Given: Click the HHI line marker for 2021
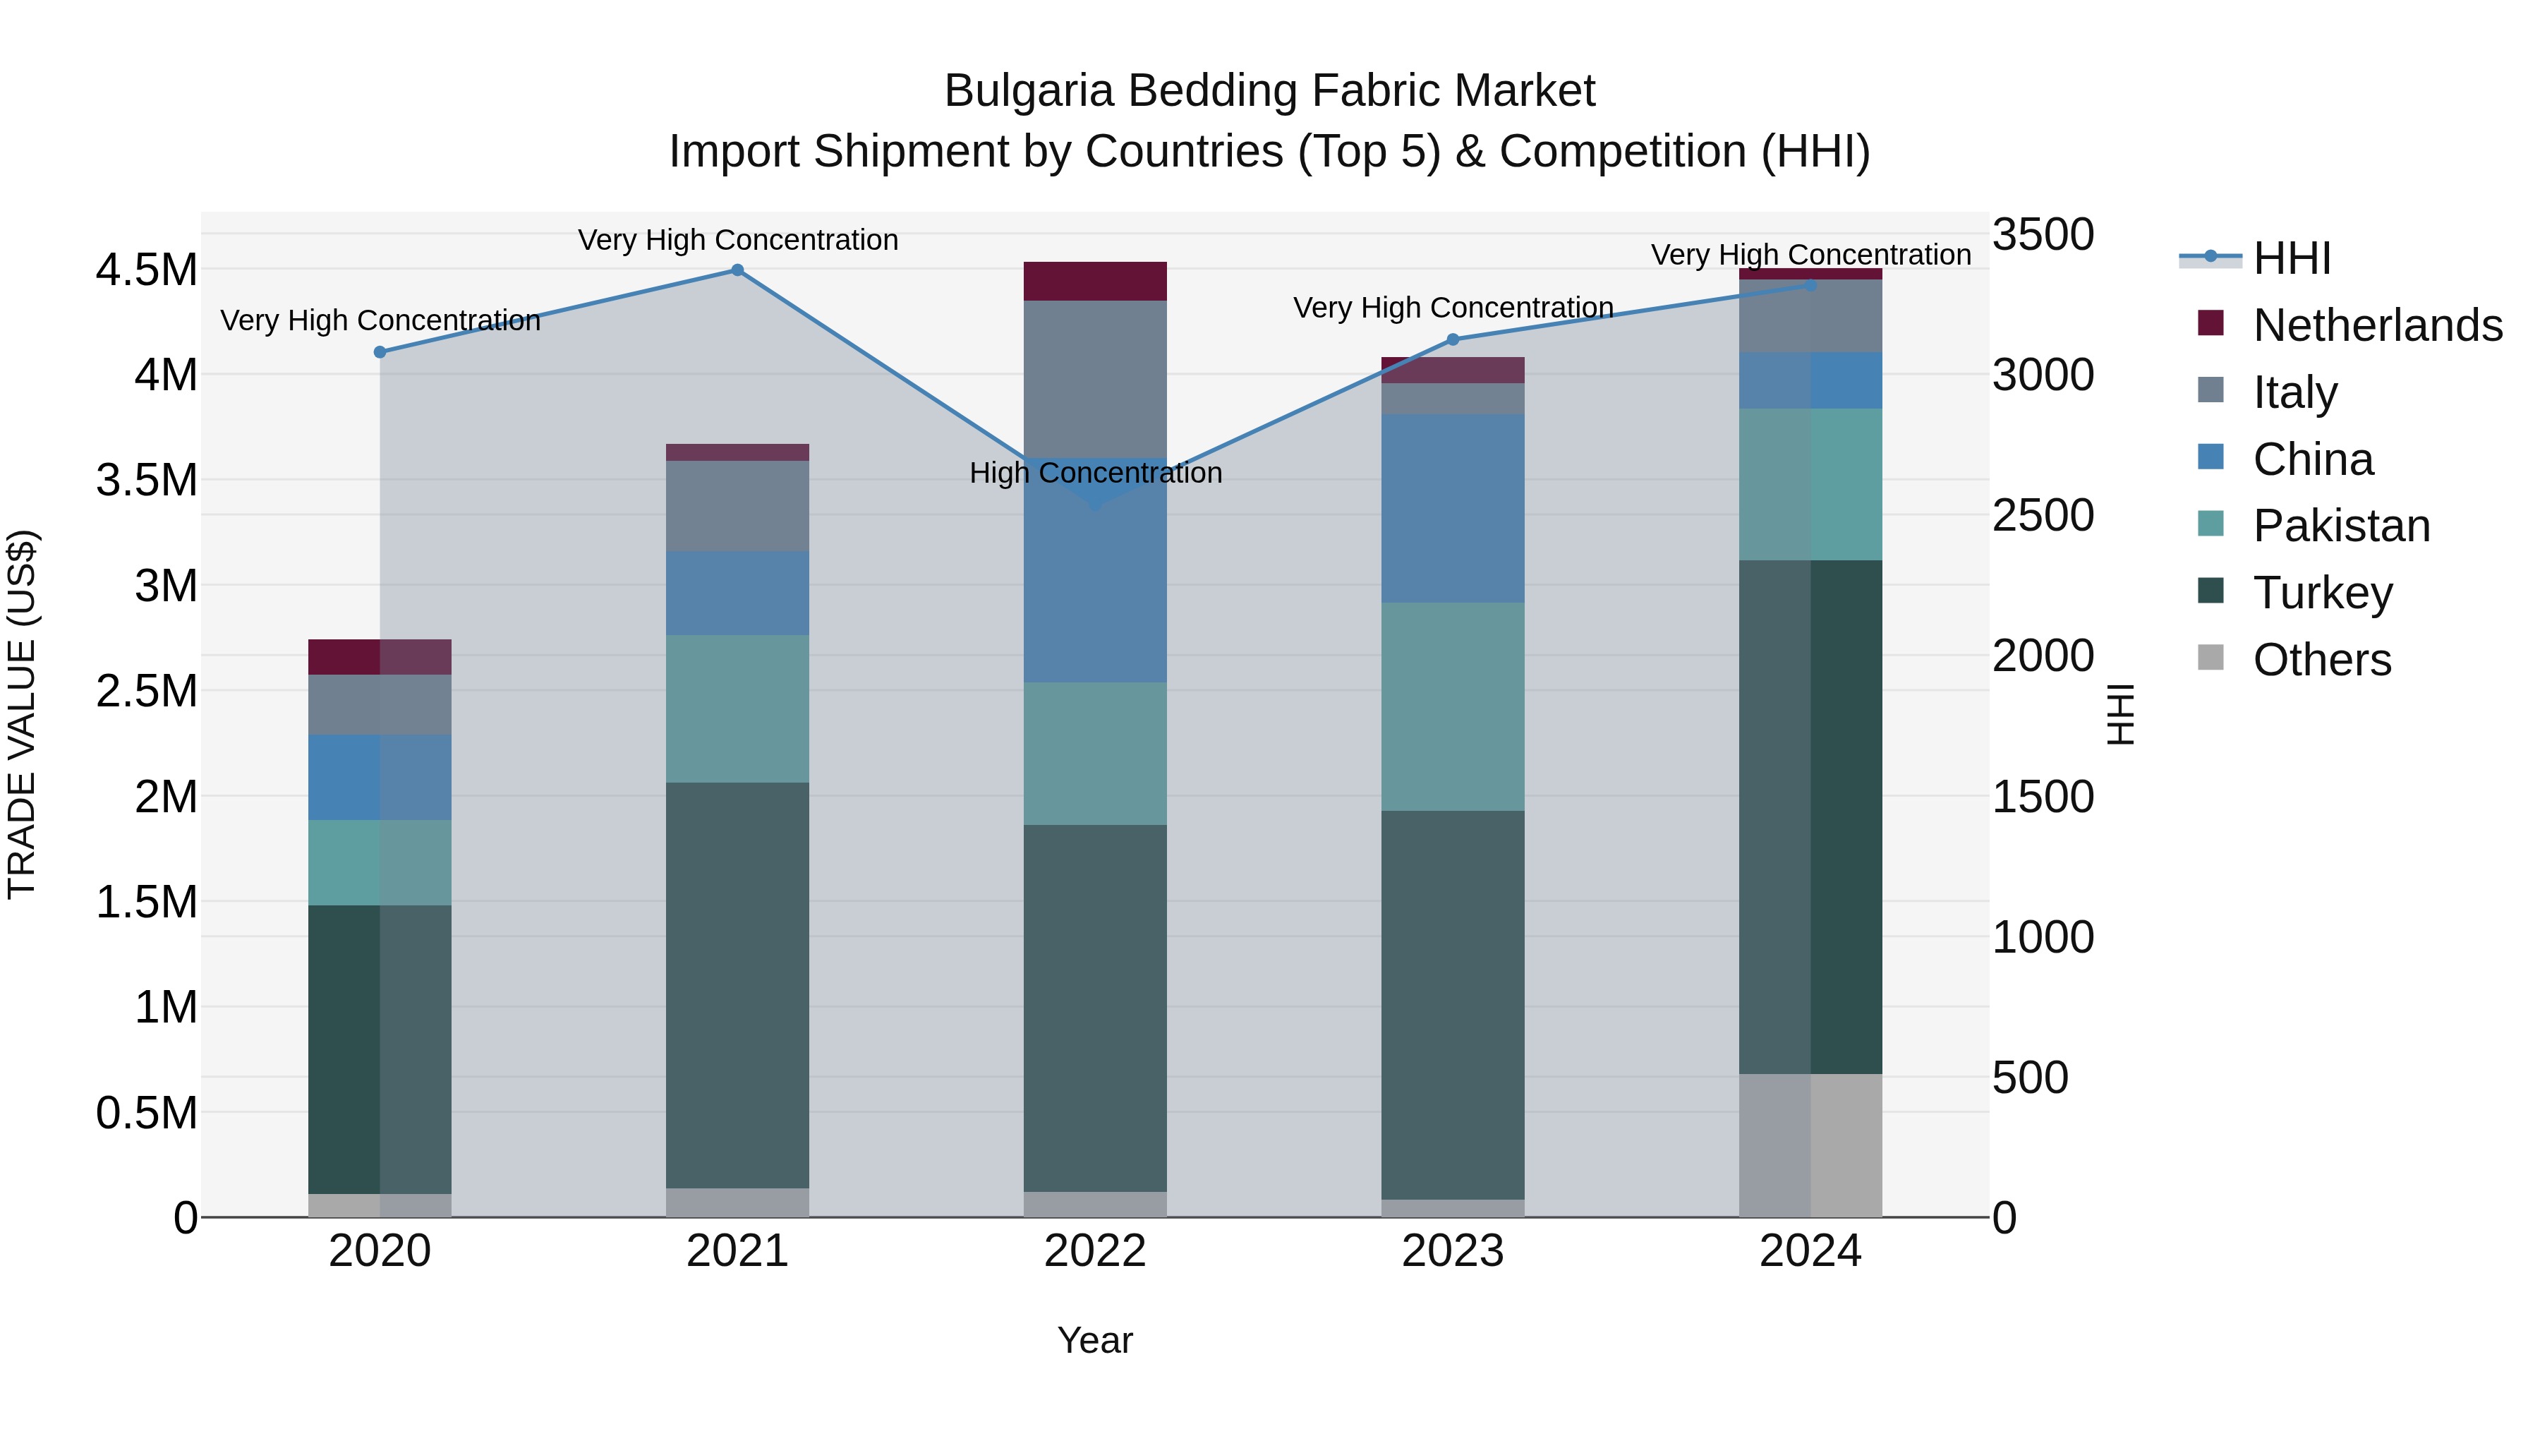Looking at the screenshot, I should pos(737,270).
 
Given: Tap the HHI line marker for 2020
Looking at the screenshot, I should pos(380,352).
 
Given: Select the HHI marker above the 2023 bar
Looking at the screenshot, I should pos(1453,340).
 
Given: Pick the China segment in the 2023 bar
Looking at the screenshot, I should pos(1453,508).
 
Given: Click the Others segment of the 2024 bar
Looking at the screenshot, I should pos(1810,1145).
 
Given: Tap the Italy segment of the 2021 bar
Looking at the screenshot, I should pos(737,505).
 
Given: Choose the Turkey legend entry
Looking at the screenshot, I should pos(2322,593).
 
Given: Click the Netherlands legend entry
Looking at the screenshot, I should pos(2377,325).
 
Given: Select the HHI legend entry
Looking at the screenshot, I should pos(2292,258).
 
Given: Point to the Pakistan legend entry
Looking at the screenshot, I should pos(2341,526).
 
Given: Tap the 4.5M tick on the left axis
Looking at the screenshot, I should pos(146,270).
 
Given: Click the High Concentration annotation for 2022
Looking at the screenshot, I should pos(1096,474).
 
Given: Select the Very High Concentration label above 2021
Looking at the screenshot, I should pos(737,241).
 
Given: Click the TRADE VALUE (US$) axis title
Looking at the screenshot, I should pos(22,714).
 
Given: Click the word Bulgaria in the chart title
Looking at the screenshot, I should pos(1029,92).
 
